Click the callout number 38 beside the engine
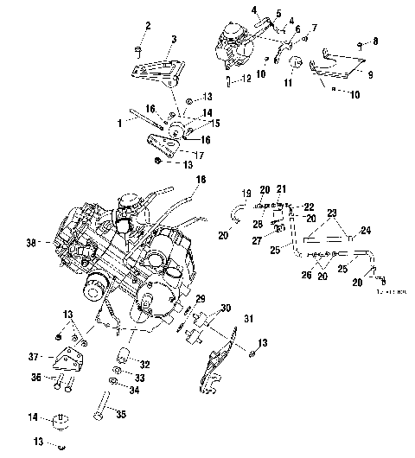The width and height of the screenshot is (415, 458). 32,245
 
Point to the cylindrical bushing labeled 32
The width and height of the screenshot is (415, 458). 123,353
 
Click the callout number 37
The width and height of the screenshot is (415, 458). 35,356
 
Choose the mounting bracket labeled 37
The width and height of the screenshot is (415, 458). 68,357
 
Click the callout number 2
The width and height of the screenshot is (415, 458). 148,28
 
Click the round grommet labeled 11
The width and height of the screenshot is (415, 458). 296,63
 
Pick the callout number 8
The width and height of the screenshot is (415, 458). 375,41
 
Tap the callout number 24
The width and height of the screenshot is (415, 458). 366,230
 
